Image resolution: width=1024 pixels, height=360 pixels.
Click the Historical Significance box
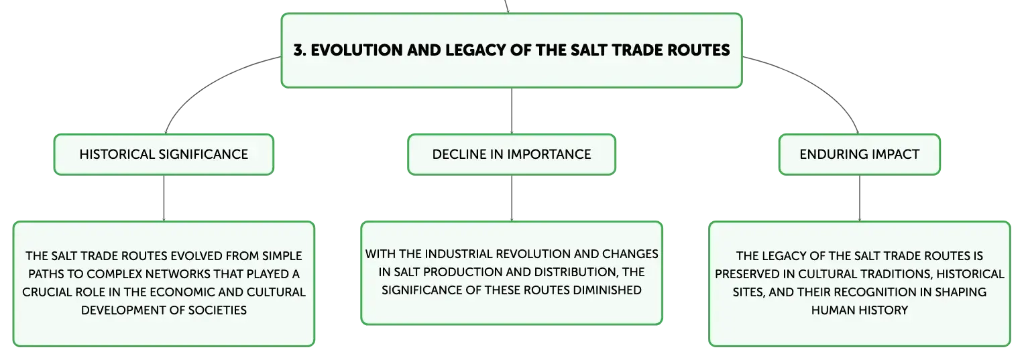164,154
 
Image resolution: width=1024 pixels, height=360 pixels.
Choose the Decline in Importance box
512,154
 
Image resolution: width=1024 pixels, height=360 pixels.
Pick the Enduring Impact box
860,154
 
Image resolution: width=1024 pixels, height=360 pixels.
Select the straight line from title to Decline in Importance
512,111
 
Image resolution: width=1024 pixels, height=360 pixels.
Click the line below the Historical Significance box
164,198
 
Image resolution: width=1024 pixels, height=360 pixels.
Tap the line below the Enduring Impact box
860,198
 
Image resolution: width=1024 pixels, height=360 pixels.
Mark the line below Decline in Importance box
512,198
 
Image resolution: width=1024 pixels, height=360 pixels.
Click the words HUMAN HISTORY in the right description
860,310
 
